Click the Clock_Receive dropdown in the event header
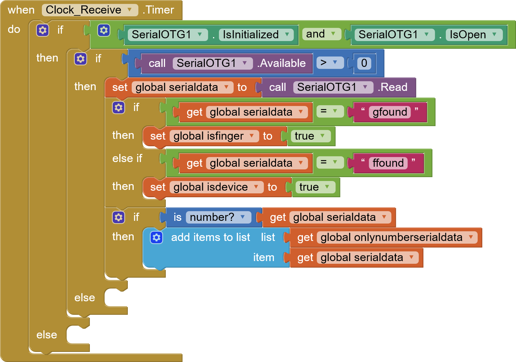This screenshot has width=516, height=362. [90, 10]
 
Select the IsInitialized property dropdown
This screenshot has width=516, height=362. [256, 35]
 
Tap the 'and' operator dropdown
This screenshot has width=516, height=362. [322, 34]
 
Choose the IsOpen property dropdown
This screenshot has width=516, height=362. [474, 35]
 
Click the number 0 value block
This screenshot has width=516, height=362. [364, 63]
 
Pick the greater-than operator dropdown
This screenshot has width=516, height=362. [330, 63]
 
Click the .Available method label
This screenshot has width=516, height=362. [282, 63]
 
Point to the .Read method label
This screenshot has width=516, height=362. [392, 87]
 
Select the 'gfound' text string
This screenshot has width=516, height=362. [390, 112]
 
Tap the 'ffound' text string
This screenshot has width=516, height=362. [388, 163]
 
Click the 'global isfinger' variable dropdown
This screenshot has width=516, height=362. [214, 136]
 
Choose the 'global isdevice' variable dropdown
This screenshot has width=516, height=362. [217, 187]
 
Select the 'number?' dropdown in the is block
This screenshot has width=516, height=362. [218, 217]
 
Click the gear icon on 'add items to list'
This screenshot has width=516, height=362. [157, 237]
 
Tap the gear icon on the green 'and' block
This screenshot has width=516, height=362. [104, 30]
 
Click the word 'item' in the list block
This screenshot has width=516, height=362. [264, 257]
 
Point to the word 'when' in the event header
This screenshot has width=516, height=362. [21, 10]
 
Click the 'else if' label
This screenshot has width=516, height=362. [127, 159]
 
